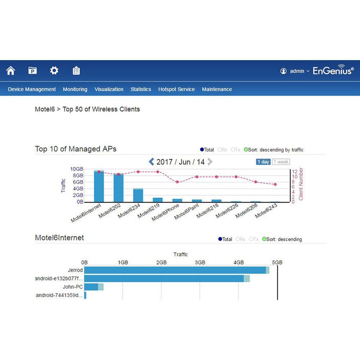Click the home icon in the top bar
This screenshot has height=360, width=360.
11,71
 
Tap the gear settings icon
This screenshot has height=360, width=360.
54,71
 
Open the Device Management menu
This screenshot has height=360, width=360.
32,89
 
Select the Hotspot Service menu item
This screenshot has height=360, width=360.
176,89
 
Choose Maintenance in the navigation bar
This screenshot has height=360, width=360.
217,89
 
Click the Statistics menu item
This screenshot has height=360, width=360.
141,89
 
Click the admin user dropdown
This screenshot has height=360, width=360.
295,71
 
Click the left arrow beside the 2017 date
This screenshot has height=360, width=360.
152,162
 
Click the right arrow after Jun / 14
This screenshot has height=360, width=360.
210,162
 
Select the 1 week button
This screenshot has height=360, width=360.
281,162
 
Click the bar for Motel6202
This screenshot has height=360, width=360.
118,188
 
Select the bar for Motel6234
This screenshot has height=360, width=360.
138,195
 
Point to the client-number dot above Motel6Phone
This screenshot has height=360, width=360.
177,182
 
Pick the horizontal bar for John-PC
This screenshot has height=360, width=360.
94,287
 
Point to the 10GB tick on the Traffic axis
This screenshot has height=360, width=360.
77,169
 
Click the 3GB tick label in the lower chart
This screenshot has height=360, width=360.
200,262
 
